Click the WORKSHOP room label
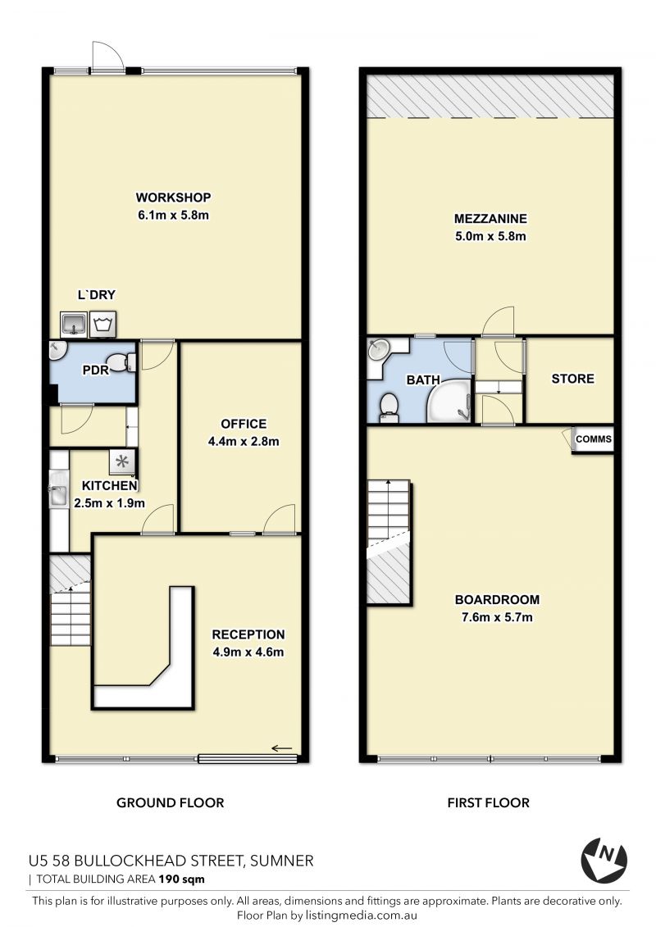[173, 198]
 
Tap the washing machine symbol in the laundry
[103, 324]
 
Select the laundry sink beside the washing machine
[74, 324]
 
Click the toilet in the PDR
[124, 362]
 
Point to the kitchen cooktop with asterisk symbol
[122, 461]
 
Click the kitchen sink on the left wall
[58, 488]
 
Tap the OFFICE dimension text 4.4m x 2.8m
[244, 442]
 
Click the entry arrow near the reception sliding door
[282, 749]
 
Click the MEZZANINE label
[490, 219]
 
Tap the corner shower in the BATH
[450, 402]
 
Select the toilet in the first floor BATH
[389, 407]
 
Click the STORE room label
[572, 379]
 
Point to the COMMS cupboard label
[594, 439]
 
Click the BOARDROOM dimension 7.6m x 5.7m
[497, 618]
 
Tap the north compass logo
[604, 860]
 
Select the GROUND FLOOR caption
[171, 803]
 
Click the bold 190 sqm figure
[181, 879]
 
